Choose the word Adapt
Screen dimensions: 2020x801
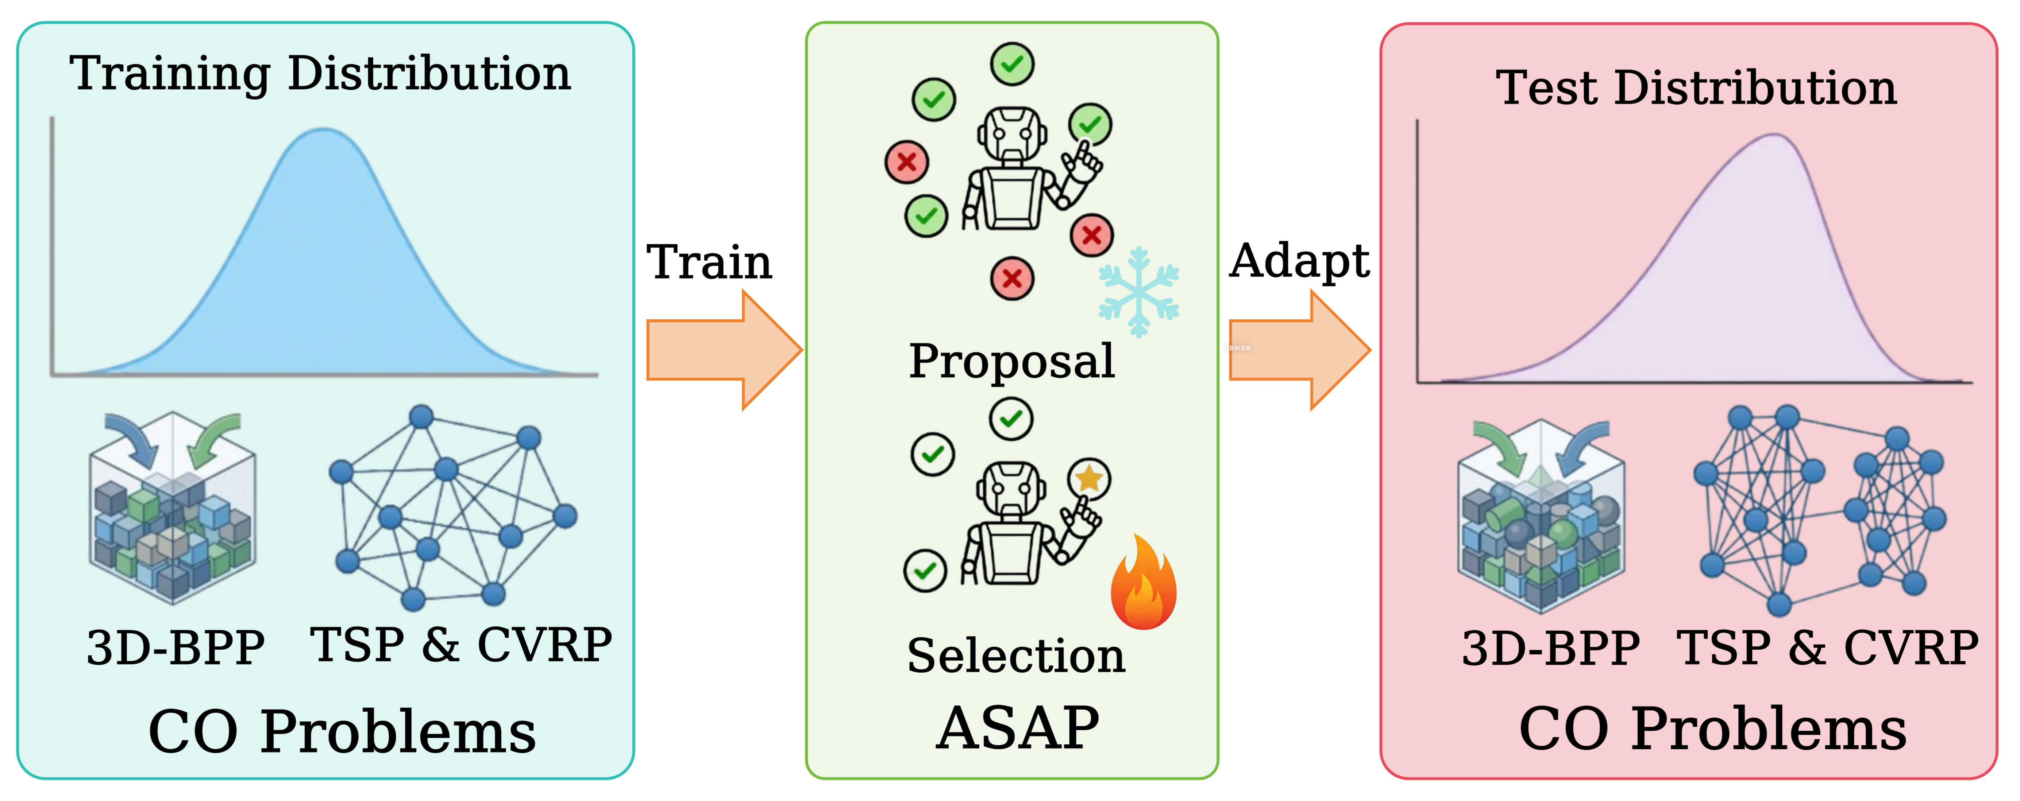tap(1299, 262)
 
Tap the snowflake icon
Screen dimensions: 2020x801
tap(1138, 292)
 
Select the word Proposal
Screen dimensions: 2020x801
tap(1011, 361)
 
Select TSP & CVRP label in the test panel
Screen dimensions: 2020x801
tap(1827, 648)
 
